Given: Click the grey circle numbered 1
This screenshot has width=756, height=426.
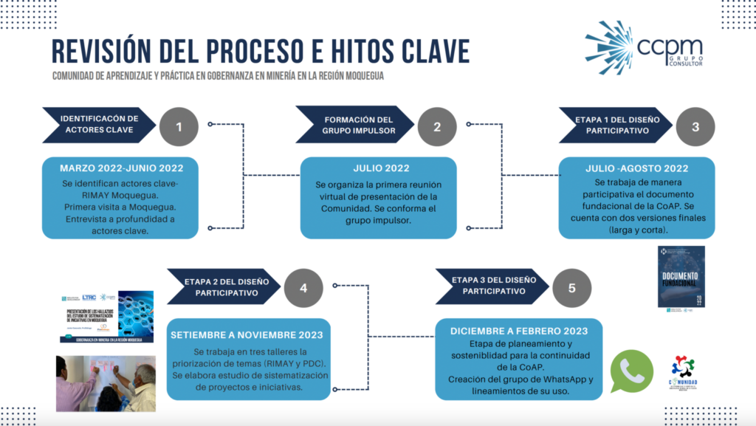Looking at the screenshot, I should (179, 126).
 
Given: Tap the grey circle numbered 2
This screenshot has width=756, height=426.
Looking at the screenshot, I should (437, 126).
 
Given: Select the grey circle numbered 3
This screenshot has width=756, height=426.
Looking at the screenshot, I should (695, 126).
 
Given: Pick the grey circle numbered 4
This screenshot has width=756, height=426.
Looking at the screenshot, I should (302, 288).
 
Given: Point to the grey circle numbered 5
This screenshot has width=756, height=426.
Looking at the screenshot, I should (572, 288).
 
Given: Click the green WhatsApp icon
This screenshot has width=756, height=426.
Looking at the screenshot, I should (632, 371).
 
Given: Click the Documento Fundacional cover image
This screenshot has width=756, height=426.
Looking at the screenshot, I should (681, 277).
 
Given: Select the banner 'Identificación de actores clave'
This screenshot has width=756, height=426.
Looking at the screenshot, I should (100, 124).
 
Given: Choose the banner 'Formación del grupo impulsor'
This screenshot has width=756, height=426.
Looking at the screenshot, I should (355, 124).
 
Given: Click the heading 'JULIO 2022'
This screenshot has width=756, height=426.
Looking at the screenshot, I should (382, 168).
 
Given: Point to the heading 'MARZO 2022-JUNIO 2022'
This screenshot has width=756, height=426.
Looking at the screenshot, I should (121, 168).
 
